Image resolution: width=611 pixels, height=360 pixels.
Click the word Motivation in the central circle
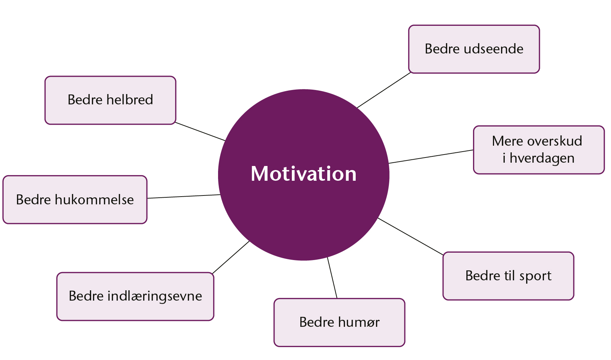pos(304,174)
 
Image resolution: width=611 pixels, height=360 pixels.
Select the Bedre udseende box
pos(474,49)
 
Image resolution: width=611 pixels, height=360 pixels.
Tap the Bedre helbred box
pos(110,100)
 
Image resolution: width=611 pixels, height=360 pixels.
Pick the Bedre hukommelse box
pos(75,200)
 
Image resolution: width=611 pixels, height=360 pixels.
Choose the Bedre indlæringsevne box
pos(135,297)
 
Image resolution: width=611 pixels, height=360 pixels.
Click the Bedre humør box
pos(339,323)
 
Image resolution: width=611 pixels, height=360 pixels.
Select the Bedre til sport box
pos(508,276)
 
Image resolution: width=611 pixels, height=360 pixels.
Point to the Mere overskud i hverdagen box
pos(539,150)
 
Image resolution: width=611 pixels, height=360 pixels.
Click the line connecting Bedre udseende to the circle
pos(384,90)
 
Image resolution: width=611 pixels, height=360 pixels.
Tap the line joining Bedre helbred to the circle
pos(200,131)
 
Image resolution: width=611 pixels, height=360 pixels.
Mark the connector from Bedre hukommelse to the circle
pos(184,196)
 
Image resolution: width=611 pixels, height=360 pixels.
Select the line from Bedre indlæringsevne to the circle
pos(231,257)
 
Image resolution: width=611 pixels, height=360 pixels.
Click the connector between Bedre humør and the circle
pos(332,278)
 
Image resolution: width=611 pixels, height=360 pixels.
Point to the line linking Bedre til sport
pos(411,236)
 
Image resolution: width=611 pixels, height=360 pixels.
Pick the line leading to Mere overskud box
pos(431,156)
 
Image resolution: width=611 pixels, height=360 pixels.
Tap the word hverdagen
pos(542,159)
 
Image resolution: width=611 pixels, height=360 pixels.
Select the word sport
pos(535,276)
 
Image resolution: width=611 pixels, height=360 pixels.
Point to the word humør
pos(359,322)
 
